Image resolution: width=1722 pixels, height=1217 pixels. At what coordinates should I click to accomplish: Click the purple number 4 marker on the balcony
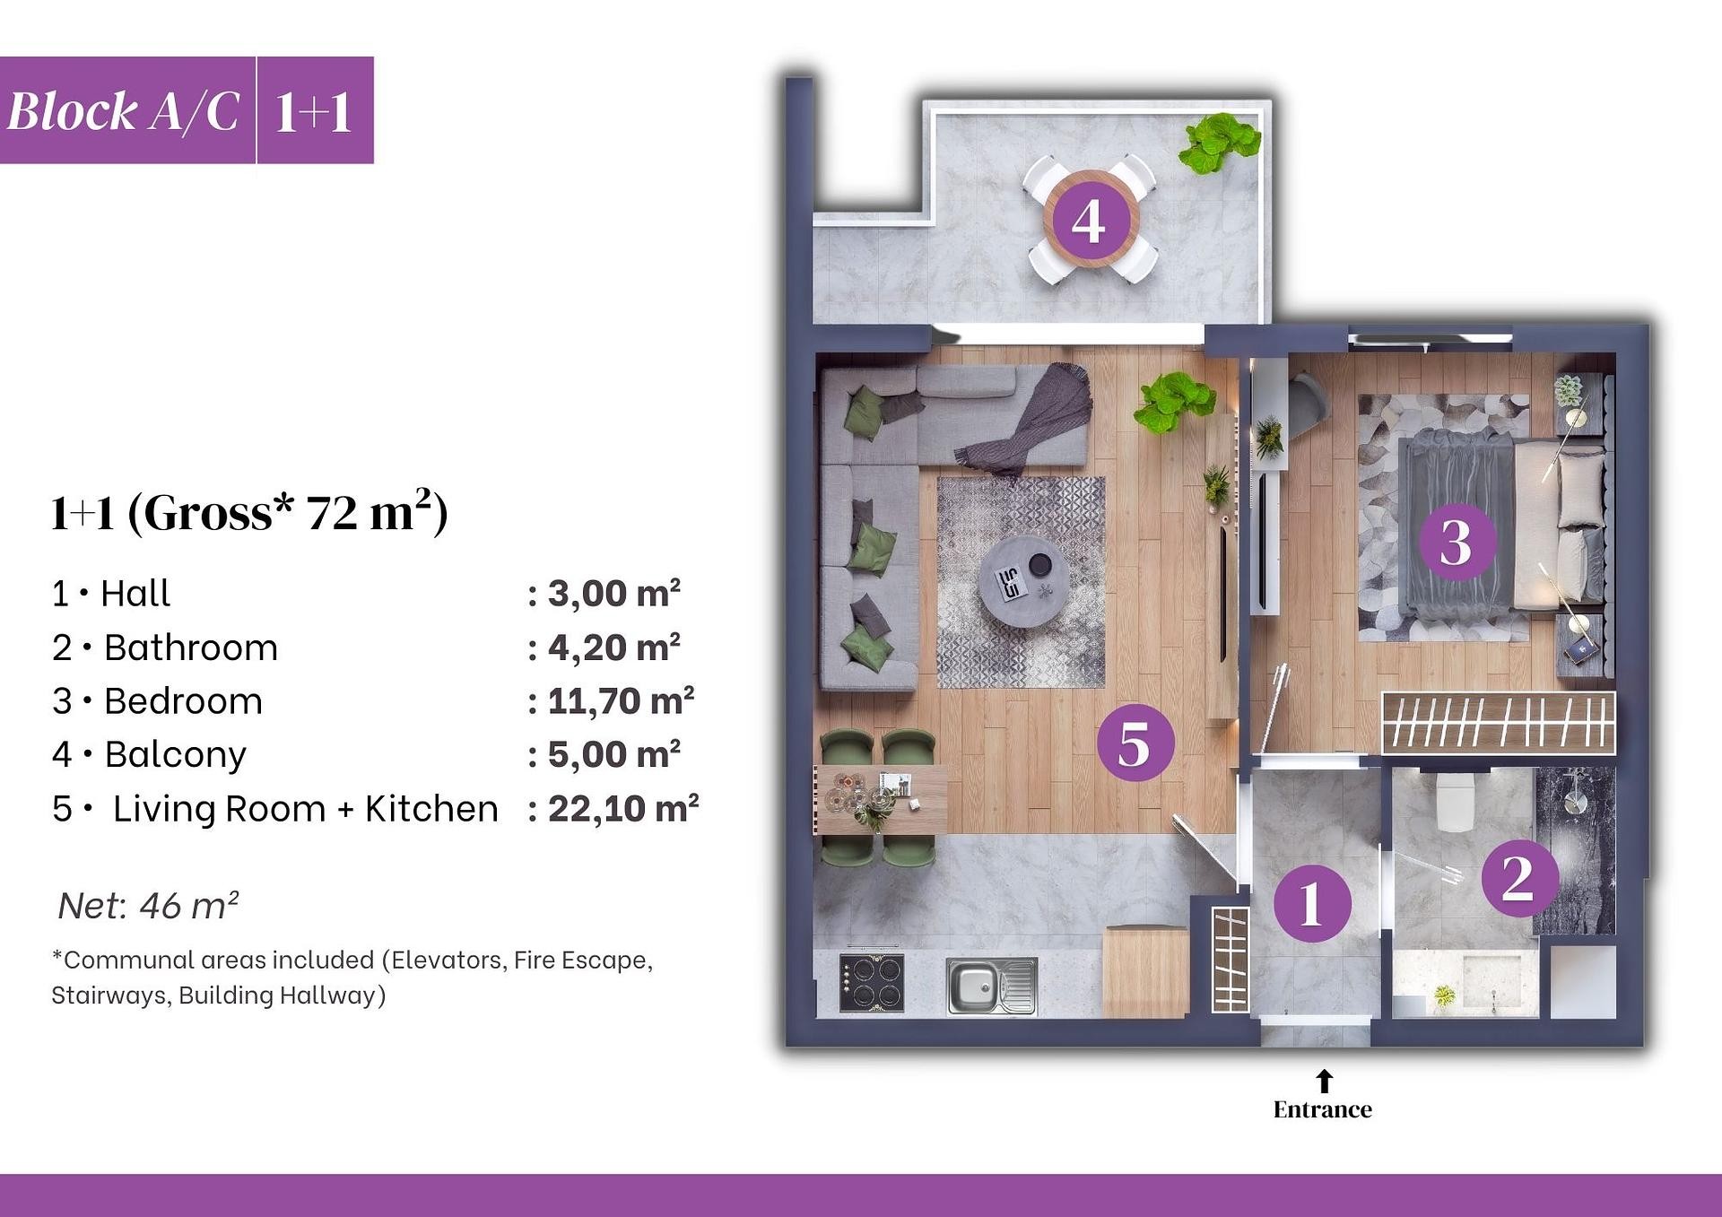pos(1090,220)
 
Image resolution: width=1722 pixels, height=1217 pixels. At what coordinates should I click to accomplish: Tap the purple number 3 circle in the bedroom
pos(1457,542)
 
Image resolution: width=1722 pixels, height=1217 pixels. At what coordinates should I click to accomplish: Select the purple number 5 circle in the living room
pos(1135,743)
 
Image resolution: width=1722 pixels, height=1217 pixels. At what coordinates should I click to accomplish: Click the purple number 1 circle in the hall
pos(1312,902)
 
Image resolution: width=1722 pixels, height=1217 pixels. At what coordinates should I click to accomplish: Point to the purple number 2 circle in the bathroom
pos(1518,878)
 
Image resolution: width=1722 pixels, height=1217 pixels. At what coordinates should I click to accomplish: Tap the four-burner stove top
pos(872,983)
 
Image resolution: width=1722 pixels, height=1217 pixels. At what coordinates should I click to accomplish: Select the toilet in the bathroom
pos(1456,800)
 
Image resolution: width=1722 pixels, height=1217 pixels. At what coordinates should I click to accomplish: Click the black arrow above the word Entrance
pos(1324,1081)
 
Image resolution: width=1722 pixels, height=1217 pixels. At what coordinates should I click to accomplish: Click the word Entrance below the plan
pos(1323,1110)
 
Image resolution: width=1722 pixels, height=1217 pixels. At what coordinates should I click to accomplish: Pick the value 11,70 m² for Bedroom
pos(621,700)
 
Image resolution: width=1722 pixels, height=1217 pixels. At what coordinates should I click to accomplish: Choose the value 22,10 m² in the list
pos(623,808)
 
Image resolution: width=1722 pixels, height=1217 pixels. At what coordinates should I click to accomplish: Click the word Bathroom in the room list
pos(191,648)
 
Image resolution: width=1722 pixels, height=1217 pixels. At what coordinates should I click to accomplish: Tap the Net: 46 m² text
pos(148,906)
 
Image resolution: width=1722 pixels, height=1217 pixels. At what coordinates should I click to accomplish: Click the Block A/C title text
pos(124,112)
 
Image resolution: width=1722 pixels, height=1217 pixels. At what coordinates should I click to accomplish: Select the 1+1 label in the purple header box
pos(313,113)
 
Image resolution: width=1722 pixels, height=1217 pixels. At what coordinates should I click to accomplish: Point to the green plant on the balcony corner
pos(1219,142)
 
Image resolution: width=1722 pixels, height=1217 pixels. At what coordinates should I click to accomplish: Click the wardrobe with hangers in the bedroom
pos(1499,722)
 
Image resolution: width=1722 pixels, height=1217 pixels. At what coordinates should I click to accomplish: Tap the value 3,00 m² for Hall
pos(614,594)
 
